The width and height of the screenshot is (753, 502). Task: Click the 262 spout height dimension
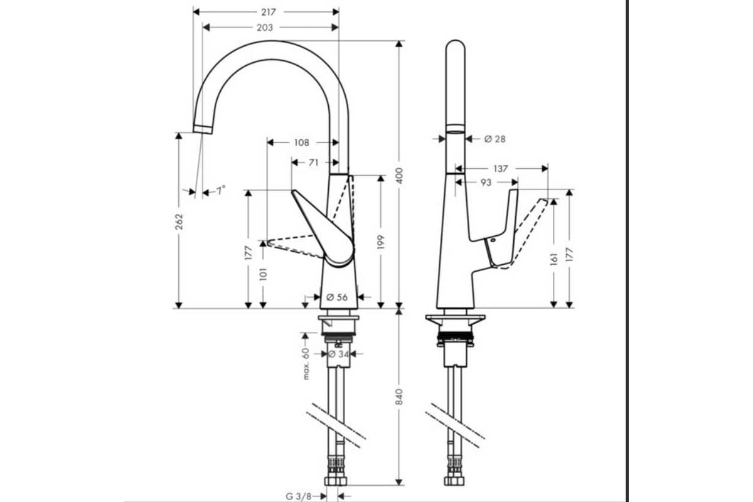click(x=179, y=222)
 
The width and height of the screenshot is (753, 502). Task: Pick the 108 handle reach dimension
click(x=302, y=142)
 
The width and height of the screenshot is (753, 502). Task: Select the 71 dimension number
click(x=314, y=163)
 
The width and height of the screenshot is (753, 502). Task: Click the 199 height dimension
click(x=381, y=242)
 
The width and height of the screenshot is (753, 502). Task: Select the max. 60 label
click(x=307, y=365)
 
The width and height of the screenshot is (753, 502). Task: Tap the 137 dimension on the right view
click(x=500, y=168)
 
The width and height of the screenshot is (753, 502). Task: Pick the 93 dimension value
click(x=485, y=182)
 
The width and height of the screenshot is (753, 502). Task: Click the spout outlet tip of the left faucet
click(x=203, y=129)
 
